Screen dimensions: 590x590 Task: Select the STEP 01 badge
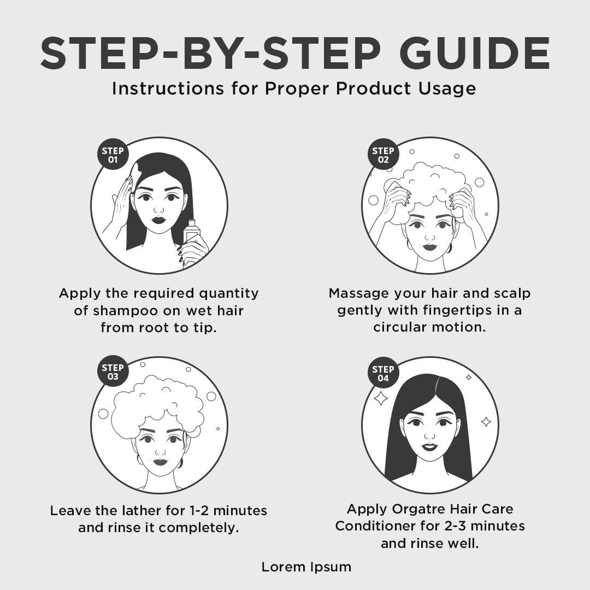coord(113,155)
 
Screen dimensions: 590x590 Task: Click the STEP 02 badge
coord(383,155)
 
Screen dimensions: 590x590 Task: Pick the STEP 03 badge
coord(113,372)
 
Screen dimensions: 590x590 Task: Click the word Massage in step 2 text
coord(358,293)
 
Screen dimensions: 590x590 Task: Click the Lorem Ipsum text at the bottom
coord(306,567)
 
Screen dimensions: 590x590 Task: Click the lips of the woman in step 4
coord(429,447)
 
